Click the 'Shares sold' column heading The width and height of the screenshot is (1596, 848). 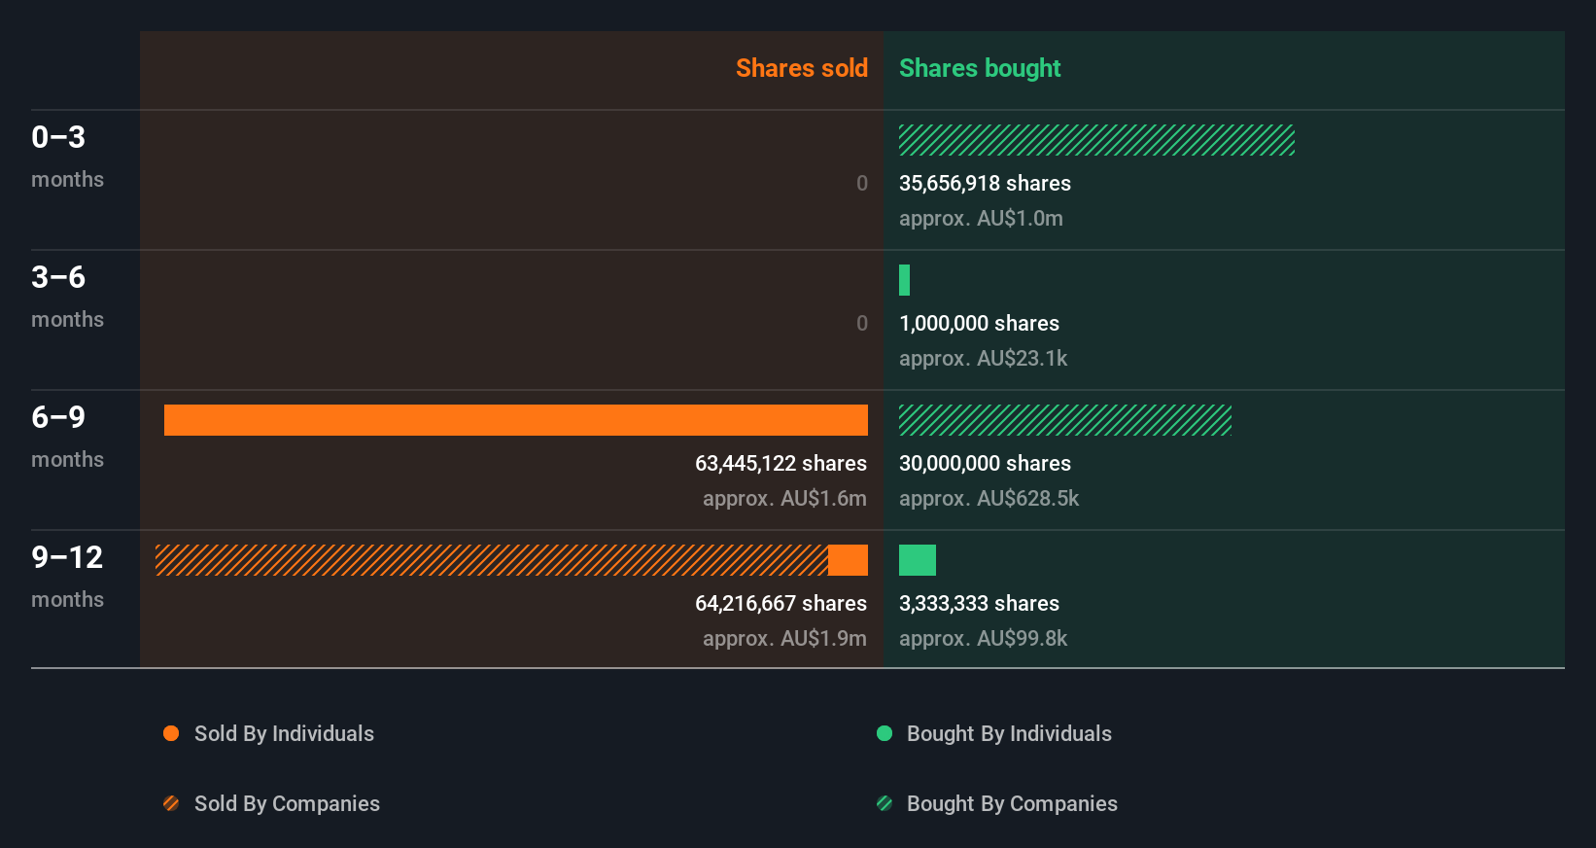801,68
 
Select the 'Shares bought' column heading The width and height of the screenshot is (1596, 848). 979,68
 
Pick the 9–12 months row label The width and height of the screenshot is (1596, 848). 67,576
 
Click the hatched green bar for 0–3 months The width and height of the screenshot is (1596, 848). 1096,140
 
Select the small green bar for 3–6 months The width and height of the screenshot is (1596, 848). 904,280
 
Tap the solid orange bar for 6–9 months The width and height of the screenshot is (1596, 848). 515,420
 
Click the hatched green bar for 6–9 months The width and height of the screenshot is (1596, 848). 1064,420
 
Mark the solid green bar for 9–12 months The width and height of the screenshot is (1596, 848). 917,560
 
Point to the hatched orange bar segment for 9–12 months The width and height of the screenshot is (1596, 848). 491,560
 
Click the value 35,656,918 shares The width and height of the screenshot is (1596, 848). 985,183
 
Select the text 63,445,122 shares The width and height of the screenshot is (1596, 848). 781,463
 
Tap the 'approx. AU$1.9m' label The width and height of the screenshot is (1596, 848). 784,638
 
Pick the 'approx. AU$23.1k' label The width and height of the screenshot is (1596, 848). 983,358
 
